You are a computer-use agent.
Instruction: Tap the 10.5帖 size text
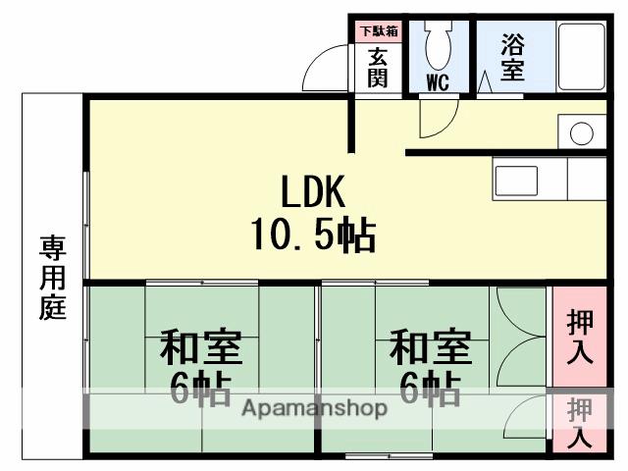[312, 235]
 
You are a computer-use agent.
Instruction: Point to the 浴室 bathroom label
[512, 57]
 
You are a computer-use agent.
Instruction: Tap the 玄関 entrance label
[378, 67]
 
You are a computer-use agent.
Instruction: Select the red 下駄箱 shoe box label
[378, 30]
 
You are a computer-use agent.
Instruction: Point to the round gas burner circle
[582, 133]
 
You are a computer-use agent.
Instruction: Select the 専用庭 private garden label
[51, 278]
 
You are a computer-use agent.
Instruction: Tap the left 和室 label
[201, 347]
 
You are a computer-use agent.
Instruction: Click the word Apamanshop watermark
[314, 409]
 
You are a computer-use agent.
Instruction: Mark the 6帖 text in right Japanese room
[430, 390]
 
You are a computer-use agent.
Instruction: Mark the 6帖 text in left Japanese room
[201, 390]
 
